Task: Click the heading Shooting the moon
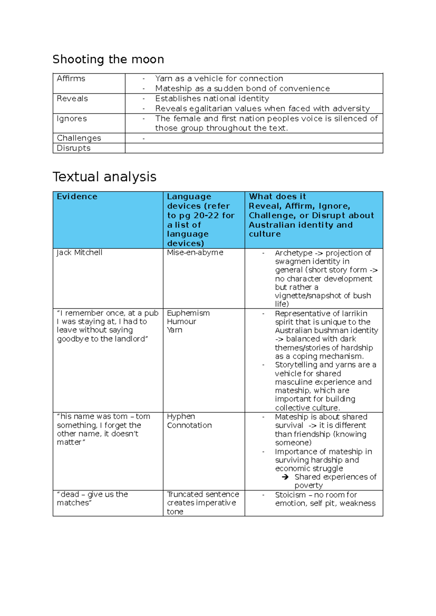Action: click(108, 59)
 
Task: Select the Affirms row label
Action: click(71, 78)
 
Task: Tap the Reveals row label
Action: click(72, 98)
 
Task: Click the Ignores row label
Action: click(72, 118)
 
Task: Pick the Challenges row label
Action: click(79, 138)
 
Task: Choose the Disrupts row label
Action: click(73, 148)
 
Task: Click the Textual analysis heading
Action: click(104, 177)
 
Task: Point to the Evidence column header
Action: click(77, 196)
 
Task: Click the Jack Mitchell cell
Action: click(80, 252)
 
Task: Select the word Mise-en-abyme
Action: click(195, 252)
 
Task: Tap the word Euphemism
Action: click(188, 313)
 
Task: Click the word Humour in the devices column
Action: click(181, 321)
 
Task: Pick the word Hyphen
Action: click(181, 417)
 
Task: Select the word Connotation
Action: click(189, 425)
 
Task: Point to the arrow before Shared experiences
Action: click(285, 477)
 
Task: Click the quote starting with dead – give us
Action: click(92, 498)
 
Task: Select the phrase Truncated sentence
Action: click(203, 494)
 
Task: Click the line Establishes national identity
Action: click(212, 98)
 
